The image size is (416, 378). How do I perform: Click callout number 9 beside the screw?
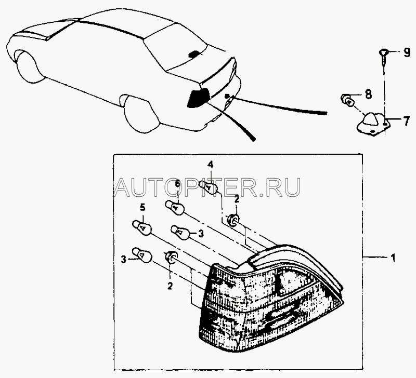407,53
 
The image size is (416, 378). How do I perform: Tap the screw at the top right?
383,57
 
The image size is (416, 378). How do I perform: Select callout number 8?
368,94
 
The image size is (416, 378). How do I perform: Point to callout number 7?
407,121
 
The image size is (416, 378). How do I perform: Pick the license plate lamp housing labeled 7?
373,124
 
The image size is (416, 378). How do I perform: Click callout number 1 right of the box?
393,258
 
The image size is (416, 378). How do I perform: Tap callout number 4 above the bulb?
210,165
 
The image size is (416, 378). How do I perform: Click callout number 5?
142,208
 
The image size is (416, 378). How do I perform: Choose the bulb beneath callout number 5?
142,227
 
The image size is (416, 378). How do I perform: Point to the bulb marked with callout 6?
175,207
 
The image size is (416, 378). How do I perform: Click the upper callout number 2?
237,199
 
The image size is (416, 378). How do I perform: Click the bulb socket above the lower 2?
172,257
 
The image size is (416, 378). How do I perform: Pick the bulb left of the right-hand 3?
180,232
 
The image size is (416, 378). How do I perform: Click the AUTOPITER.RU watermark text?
207,187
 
